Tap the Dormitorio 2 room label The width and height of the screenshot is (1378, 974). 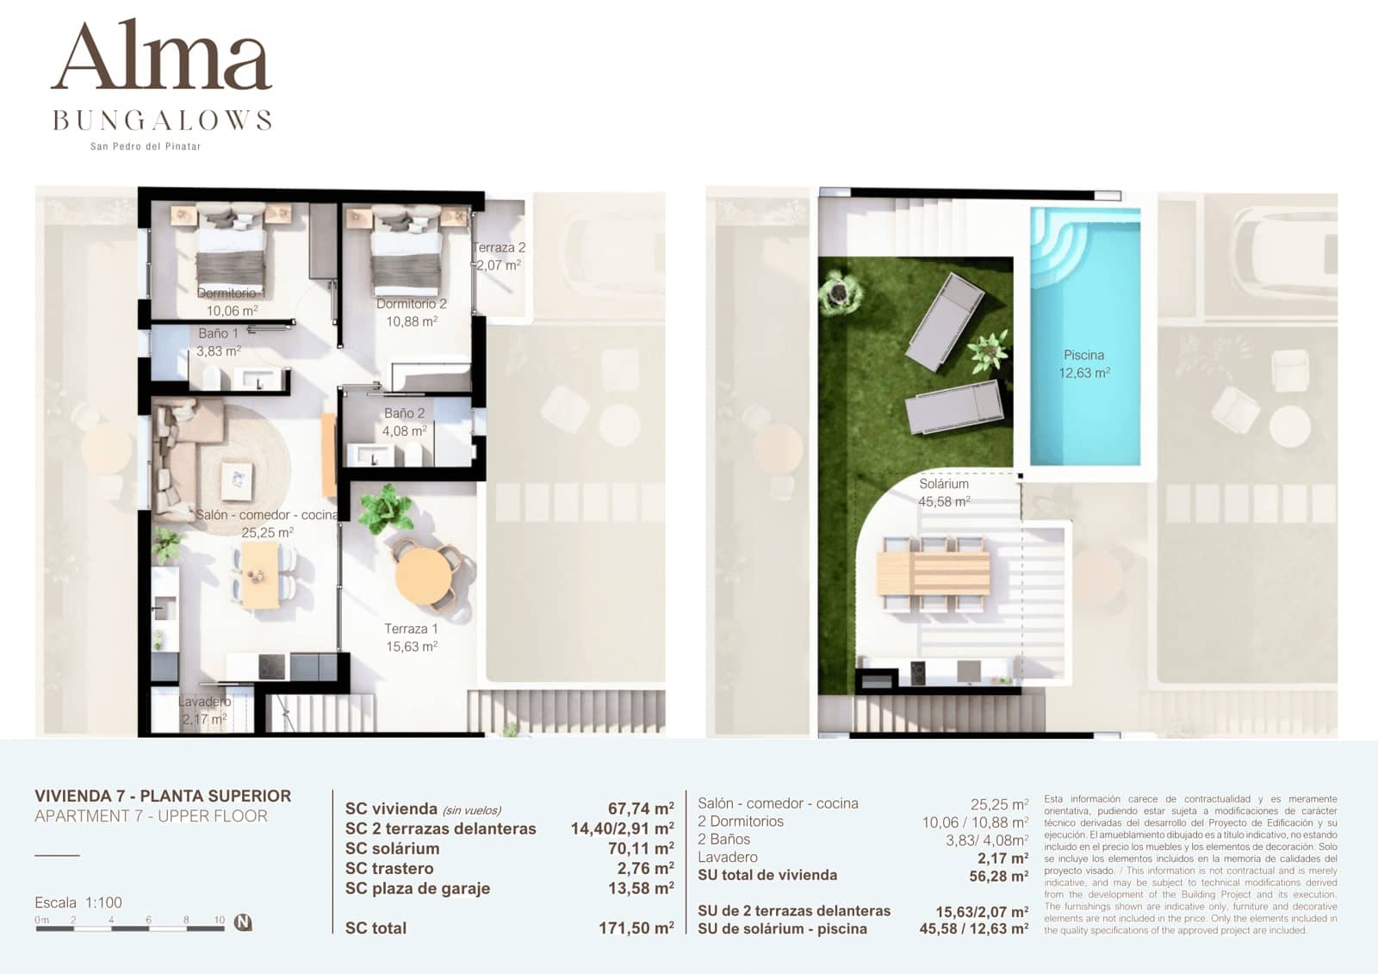pyautogui.click(x=412, y=304)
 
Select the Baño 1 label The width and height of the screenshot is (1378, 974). pyautogui.click(x=218, y=333)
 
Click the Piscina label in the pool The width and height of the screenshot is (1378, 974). pyautogui.click(x=1083, y=355)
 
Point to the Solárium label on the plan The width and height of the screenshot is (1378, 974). pyautogui.click(x=944, y=484)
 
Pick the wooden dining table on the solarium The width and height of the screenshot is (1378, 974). pyautogui.click(x=934, y=574)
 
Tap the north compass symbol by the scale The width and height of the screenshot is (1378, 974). pyautogui.click(x=244, y=922)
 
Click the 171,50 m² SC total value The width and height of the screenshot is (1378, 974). pyautogui.click(x=636, y=928)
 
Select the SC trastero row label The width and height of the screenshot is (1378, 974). pyautogui.click(x=389, y=868)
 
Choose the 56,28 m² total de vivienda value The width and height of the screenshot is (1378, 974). pyautogui.click(x=999, y=876)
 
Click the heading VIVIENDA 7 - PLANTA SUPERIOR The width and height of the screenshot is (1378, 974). pyautogui.click(x=163, y=796)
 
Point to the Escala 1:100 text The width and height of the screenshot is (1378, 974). pyautogui.click(x=78, y=903)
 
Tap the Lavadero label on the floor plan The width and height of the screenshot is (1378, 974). pyautogui.click(x=204, y=702)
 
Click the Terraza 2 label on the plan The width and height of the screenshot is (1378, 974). pyautogui.click(x=499, y=248)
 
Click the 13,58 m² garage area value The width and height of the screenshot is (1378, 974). pyautogui.click(x=641, y=888)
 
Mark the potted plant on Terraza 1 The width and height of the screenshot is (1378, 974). pyautogui.click(x=385, y=509)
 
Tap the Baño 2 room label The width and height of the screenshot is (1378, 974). pyautogui.click(x=404, y=413)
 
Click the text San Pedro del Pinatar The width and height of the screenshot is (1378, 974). pyautogui.click(x=146, y=146)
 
